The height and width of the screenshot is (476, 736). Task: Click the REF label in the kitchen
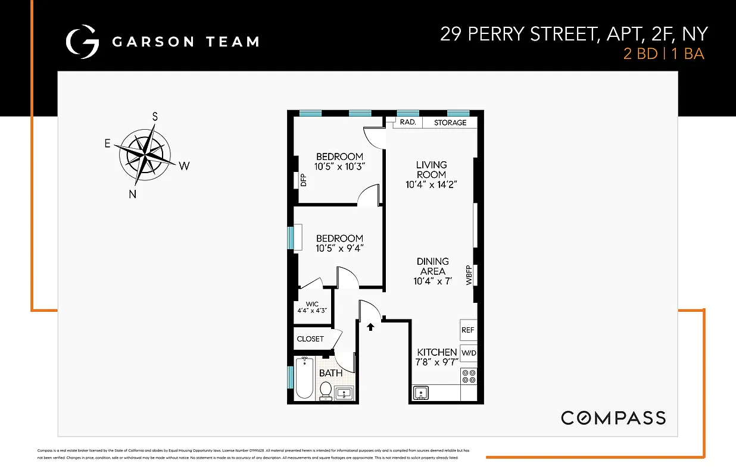pyautogui.click(x=468, y=330)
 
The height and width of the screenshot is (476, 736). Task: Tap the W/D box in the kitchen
pyautogui.click(x=469, y=353)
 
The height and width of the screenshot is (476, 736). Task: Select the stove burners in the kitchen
pyautogui.click(x=469, y=376)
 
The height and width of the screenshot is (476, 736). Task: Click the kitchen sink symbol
pyautogui.click(x=422, y=393)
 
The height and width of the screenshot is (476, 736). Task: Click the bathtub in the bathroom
pyautogui.click(x=304, y=378)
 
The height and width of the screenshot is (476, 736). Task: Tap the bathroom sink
pyautogui.click(x=344, y=393)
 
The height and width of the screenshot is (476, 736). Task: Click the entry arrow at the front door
pyautogui.click(x=370, y=326)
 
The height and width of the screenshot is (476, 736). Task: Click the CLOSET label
pyautogui.click(x=310, y=339)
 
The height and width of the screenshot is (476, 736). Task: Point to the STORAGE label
pyautogui.click(x=450, y=123)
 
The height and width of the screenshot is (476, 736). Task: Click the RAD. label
pyautogui.click(x=407, y=123)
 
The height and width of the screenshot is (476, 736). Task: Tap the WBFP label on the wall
pyautogui.click(x=469, y=275)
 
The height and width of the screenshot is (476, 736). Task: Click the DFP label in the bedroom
pyautogui.click(x=302, y=180)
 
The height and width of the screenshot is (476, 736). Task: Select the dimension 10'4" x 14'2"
pyautogui.click(x=431, y=185)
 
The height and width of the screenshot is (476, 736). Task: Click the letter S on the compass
pyautogui.click(x=155, y=117)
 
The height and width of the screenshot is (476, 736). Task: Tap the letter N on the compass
pyautogui.click(x=133, y=194)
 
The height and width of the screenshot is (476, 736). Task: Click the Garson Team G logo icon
pyautogui.click(x=82, y=42)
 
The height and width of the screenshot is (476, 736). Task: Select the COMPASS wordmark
pyautogui.click(x=613, y=418)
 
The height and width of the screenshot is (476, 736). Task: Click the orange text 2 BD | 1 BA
pyautogui.click(x=663, y=54)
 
